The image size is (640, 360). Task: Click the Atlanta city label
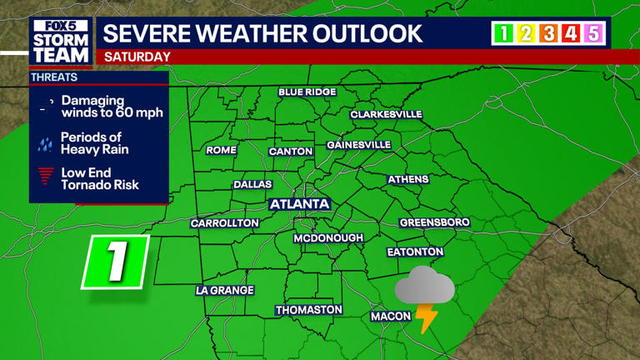[x=300, y=204]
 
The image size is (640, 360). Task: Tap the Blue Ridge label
[x=307, y=92]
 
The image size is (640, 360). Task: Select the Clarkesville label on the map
[x=386, y=114]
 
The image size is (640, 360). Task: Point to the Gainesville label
[x=358, y=145]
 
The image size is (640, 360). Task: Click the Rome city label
[x=221, y=151]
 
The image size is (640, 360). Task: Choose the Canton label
[x=291, y=152]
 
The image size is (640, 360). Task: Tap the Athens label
[x=408, y=179]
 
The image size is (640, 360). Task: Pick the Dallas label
[x=252, y=184]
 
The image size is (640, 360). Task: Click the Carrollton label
[x=225, y=223]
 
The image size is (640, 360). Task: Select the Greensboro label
[x=434, y=222]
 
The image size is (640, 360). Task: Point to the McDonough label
[x=328, y=238]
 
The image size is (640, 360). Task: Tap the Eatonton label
[x=415, y=252]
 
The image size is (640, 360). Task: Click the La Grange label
[x=224, y=291]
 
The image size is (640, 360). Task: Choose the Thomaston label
[x=309, y=310]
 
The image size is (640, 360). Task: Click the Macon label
[x=391, y=316]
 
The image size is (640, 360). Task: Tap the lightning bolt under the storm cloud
[x=427, y=318]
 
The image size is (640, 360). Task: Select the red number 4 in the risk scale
[x=571, y=33]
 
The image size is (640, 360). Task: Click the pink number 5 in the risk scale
[x=593, y=33]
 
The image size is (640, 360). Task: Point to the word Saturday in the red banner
[x=137, y=57]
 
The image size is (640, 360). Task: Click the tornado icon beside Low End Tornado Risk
[x=46, y=178]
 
